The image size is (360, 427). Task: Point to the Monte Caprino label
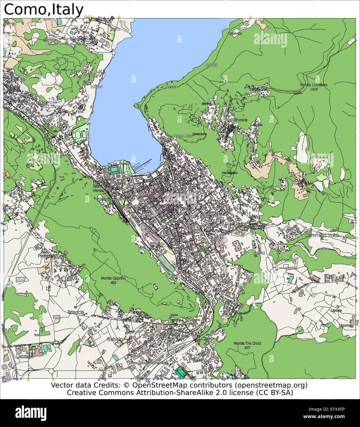[113, 278]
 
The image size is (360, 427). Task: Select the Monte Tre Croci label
[247, 343]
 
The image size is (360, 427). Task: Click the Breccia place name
[76, 312]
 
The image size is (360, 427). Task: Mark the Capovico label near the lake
[235, 33]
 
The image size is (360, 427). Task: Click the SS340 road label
[97, 87]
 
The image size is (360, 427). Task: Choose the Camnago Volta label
[322, 235]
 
